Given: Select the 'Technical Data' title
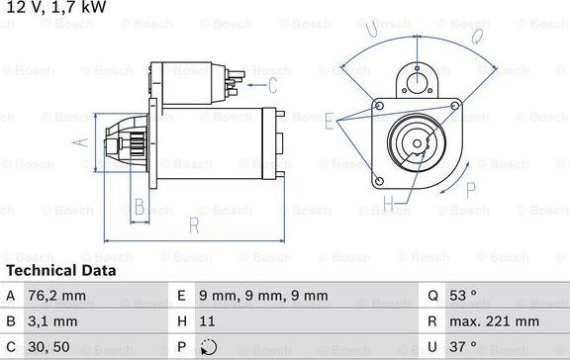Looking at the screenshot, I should [x=60, y=270].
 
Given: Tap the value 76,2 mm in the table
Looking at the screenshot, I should [x=57, y=295].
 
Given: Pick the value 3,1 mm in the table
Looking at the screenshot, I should [x=53, y=321].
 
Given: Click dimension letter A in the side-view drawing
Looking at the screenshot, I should [x=82, y=142].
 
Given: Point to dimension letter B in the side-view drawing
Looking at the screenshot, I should [x=140, y=206].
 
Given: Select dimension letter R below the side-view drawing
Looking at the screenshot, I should [x=194, y=226].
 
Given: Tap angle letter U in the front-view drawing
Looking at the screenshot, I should [x=372, y=31].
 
